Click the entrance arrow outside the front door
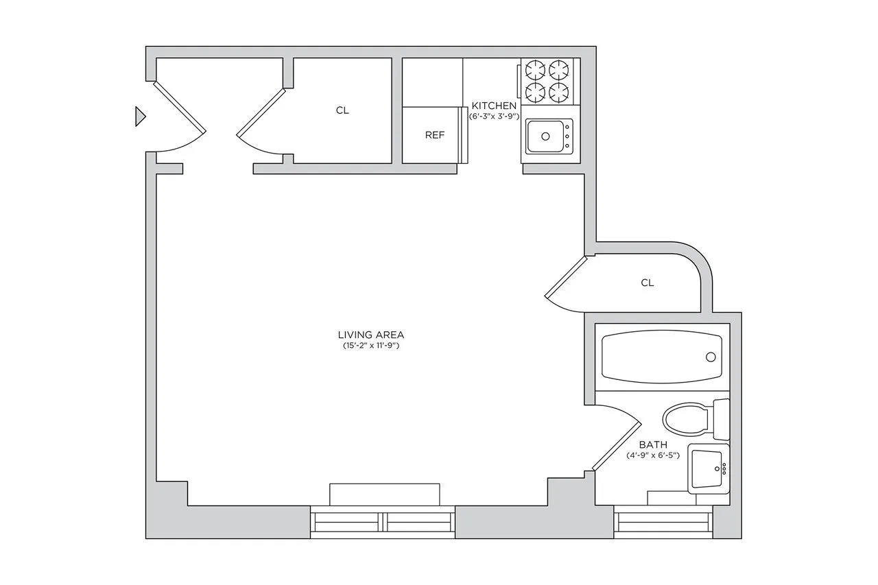point(140,117)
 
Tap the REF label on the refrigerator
point(435,135)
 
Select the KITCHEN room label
point(493,106)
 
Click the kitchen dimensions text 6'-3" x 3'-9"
point(493,117)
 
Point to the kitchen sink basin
point(547,136)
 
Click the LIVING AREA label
point(370,335)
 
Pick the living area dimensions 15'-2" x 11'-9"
point(370,346)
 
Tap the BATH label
point(652,444)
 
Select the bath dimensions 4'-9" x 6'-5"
point(652,455)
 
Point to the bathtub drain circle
point(711,357)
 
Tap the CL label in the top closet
point(342,110)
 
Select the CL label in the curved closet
point(647,283)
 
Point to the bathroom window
point(663,523)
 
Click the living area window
point(383,522)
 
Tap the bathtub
point(662,357)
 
